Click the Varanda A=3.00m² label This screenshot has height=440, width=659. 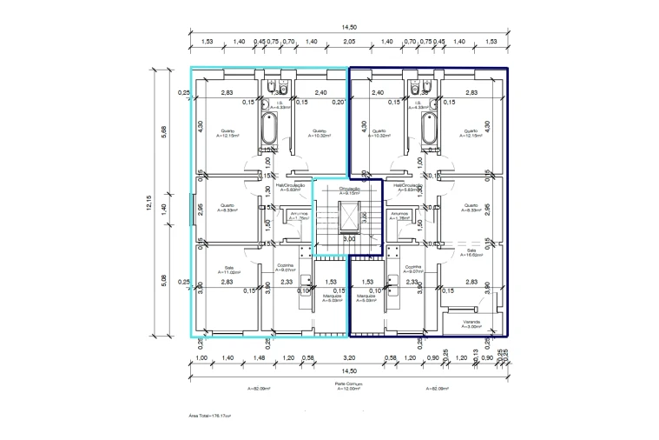pos(471,323)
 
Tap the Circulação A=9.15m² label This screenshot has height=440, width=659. pos(349,190)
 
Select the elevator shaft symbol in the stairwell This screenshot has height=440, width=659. pos(348,213)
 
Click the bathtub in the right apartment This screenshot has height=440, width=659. pos(428,130)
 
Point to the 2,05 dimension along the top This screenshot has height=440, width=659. pos(349,42)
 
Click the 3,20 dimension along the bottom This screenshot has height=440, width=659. pos(349,358)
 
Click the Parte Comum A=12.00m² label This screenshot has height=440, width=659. pos(348,386)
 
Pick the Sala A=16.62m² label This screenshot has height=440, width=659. pos(471,252)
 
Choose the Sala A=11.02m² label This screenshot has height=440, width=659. pos(228,270)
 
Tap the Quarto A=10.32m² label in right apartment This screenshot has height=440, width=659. pos(379,134)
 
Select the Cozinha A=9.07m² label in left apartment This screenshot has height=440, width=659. pos(287,268)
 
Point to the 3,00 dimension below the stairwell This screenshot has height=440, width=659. pos(348,237)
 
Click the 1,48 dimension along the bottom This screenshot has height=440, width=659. pos(260,358)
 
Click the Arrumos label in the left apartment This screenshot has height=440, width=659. pos(300,215)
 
